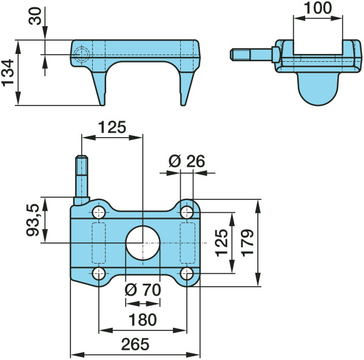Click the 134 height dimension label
[x=8, y=73]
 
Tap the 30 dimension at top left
[x=35, y=16]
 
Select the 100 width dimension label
[x=317, y=8]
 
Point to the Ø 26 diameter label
[x=187, y=161]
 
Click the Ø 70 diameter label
[x=143, y=290]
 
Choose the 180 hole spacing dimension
[x=143, y=319]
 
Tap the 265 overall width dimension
[x=135, y=344]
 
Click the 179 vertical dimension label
[x=248, y=242]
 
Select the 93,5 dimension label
[x=33, y=220]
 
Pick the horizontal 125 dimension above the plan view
[x=112, y=127]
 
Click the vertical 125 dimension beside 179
[x=222, y=242]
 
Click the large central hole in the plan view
[x=143, y=243]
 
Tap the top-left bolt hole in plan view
[x=99, y=212]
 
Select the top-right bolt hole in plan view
[x=187, y=212]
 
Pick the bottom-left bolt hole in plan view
[x=99, y=274]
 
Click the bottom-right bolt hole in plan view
[x=187, y=274]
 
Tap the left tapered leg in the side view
[x=100, y=88]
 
